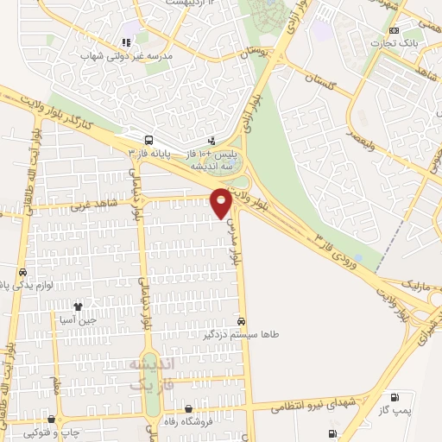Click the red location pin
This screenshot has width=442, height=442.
(x=221, y=202)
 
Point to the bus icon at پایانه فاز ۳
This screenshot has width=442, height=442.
(x=149, y=140)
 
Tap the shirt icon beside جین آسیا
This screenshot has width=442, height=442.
(x=79, y=306)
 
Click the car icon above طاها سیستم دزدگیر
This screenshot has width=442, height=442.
(x=252, y=319)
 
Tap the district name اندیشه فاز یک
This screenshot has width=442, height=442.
(x=152, y=373)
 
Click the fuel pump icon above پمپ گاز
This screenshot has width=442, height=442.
(x=396, y=397)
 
